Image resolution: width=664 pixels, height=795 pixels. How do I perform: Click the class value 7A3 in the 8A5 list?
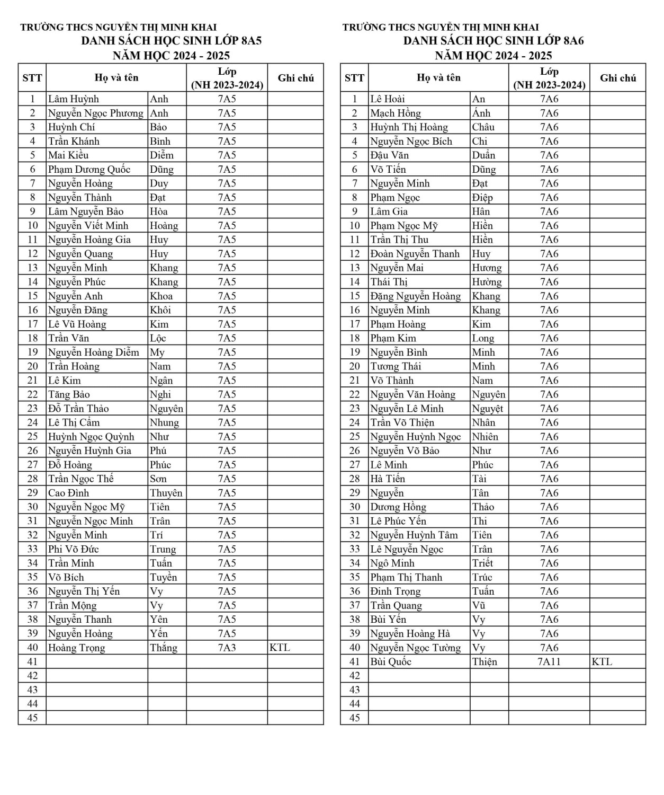point(227,648)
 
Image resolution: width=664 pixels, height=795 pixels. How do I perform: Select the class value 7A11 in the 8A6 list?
point(549,662)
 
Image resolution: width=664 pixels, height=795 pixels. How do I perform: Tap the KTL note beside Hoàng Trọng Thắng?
point(280,648)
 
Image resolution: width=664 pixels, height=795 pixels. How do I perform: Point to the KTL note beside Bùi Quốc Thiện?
point(602,662)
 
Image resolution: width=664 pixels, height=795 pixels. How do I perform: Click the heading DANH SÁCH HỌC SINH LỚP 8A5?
point(171,41)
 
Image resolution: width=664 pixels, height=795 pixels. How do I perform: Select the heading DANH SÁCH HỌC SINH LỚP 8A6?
point(493,41)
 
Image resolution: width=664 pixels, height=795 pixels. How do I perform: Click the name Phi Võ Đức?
point(74,549)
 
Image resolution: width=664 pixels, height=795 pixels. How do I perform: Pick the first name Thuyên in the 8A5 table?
point(166,493)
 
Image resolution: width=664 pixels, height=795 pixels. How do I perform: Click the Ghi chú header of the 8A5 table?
point(295,78)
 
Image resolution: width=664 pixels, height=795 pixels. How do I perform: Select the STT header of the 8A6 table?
point(354,78)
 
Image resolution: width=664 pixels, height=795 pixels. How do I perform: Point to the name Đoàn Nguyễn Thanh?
point(415,254)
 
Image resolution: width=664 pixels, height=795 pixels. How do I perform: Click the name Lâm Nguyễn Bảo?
point(86,211)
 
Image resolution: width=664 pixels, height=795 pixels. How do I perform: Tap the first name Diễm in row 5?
point(161,155)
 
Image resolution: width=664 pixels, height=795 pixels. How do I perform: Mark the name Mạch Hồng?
point(396,113)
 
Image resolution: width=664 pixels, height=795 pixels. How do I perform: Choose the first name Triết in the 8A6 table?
point(482,563)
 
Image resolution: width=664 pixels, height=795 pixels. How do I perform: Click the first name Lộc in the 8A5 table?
point(158,338)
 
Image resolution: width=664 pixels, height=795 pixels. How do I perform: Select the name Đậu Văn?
point(390,155)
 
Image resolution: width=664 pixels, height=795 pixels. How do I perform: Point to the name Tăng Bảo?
point(69,394)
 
